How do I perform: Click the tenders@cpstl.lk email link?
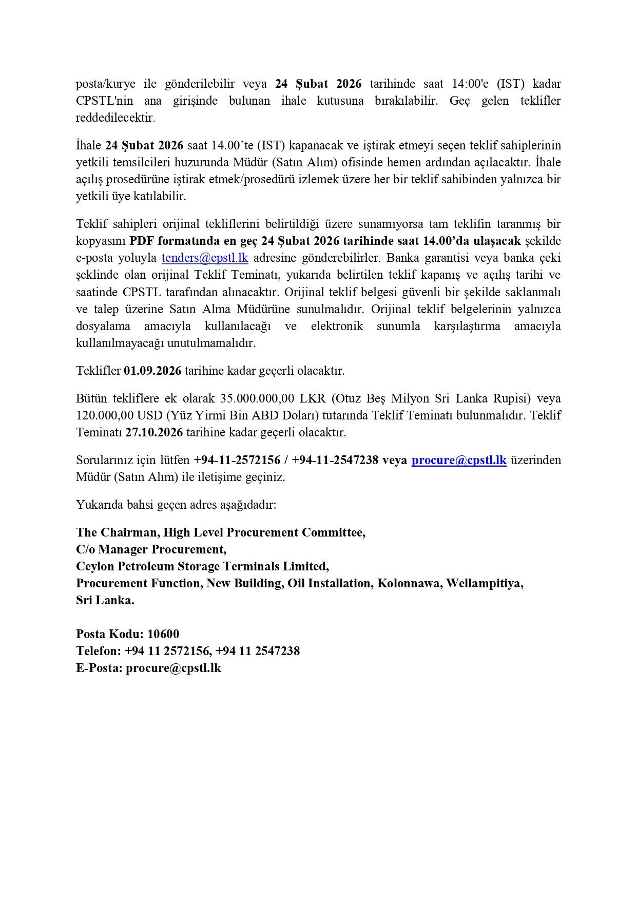click(x=205, y=258)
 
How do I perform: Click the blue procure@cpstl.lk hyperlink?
click(x=459, y=460)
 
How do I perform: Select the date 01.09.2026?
click(x=152, y=371)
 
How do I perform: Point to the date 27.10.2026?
click(x=154, y=432)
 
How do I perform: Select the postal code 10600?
click(x=163, y=634)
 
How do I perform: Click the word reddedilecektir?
click(x=115, y=118)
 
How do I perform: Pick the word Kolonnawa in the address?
click(x=409, y=583)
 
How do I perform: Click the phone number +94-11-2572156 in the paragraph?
click(x=237, y=460)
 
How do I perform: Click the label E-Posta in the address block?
click(x=99, y=668)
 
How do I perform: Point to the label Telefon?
click(x=98, y=651)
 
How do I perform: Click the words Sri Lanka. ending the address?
click(x=105, y=600)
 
